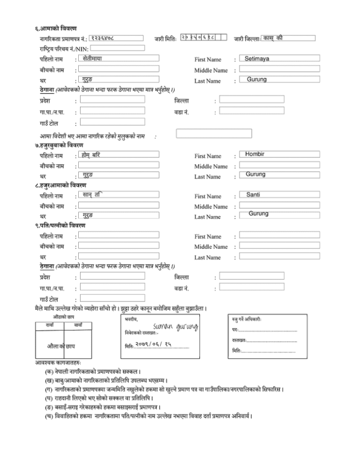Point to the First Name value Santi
pyautogui.click(x=254, y=194)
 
